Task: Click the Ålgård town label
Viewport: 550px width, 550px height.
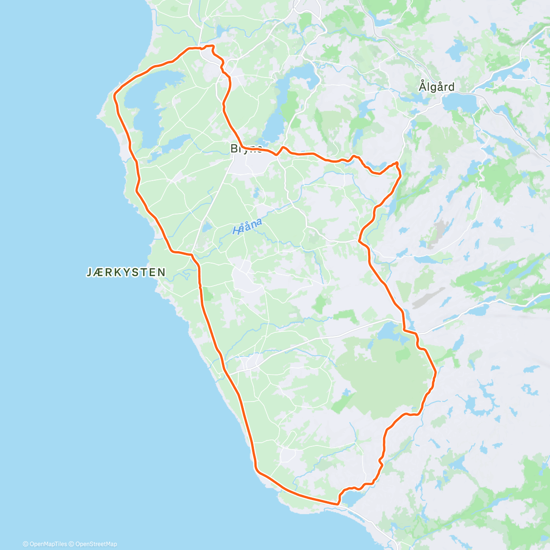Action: point(436,87)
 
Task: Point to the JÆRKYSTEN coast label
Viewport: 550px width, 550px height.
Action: point(126,272)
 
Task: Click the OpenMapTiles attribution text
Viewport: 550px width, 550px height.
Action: point(45,544)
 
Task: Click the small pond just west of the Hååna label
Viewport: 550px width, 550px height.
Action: point(207,227)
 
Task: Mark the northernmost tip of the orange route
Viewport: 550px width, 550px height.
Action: point(212,46)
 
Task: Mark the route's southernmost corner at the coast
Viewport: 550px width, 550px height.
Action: point(338,504)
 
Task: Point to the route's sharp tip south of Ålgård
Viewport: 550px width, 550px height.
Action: point(397,163)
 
